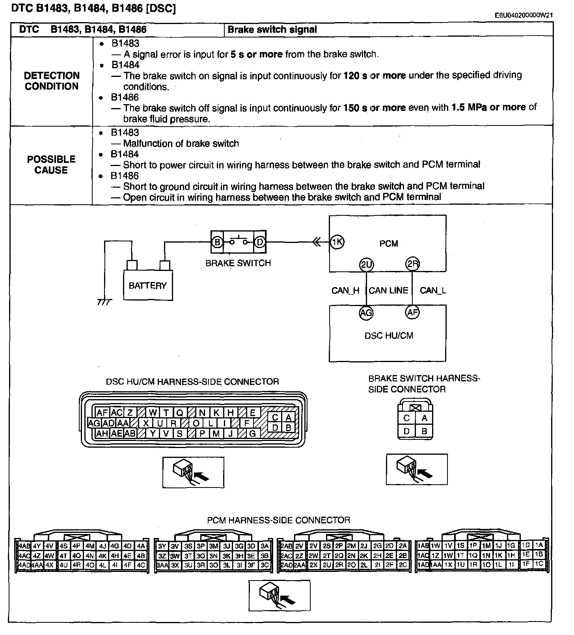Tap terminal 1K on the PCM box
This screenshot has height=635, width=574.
coord(337,242)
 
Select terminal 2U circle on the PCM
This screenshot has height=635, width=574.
coord(367,265)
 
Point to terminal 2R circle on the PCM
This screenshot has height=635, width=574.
coord(412,265)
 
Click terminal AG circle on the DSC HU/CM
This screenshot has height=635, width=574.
coord(366,313)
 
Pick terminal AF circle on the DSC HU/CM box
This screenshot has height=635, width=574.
coord(412,313)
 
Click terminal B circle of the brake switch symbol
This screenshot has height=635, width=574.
coord(217,242)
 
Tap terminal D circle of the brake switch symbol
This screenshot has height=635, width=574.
coord(259,242)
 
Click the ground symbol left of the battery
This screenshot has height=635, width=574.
coord(104,302)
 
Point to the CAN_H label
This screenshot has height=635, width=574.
coord(345,291)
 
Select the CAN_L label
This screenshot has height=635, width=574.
coord(433,291)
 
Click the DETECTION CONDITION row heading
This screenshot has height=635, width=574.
coord(52,81)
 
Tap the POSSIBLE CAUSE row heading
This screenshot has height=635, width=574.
coord(51,165)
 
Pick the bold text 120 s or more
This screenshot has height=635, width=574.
coord(375,75)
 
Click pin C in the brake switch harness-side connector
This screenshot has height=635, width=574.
coord(407,418)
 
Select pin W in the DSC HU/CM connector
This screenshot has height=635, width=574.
coord(153,413)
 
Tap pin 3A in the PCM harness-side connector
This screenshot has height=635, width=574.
coord(265,546)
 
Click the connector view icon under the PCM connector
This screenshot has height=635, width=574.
coord(280,595)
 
